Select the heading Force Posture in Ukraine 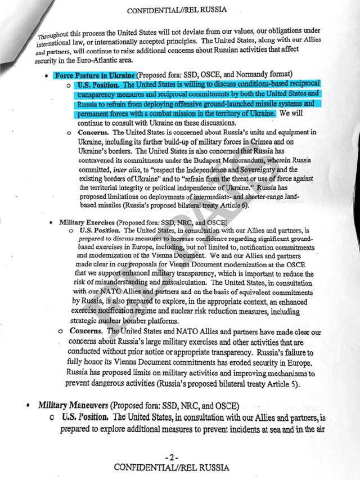pos(94,75)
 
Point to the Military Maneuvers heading pos(73,405)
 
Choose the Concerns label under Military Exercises pos(86,331)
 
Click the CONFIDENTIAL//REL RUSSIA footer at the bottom pos(172,468)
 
